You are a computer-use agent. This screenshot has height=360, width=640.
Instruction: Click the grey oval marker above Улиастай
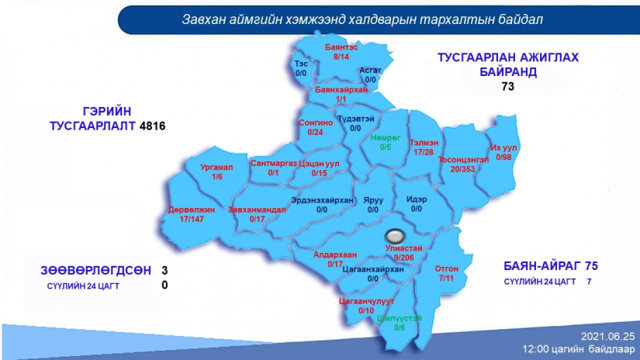[395, 236]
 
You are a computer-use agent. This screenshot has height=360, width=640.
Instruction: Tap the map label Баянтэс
[341, 47]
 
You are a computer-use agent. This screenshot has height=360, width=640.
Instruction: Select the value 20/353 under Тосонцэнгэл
[462, 169]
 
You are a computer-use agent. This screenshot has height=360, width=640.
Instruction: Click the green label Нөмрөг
[386, 138]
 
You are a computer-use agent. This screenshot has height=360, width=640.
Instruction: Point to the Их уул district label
[503, 147]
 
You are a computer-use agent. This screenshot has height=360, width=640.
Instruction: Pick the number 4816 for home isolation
[152, 126]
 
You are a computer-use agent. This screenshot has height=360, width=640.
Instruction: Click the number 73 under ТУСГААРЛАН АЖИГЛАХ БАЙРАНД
[508, 87]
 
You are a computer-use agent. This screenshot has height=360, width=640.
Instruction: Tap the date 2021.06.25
[607, 337]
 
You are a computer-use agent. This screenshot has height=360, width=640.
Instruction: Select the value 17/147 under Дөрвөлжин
[192, 220]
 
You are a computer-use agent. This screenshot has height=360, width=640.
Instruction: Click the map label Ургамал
[216, 168]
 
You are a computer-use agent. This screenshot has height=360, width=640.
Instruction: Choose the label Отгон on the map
[447, 268]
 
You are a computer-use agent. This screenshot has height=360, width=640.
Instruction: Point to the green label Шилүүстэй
[400, 318]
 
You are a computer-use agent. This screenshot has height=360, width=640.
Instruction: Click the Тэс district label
[301, 64]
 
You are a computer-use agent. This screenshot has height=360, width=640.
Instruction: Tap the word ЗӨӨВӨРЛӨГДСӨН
[96, 271]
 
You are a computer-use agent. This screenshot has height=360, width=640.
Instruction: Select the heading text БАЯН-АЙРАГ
[542, 266]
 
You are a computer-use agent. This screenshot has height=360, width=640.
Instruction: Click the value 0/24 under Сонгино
[315, 132]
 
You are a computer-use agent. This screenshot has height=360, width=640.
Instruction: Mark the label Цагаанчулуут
[366, 301]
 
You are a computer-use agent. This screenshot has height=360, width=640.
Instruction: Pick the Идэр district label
[417, 199]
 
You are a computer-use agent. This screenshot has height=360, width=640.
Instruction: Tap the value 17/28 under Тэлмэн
[424, 152]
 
